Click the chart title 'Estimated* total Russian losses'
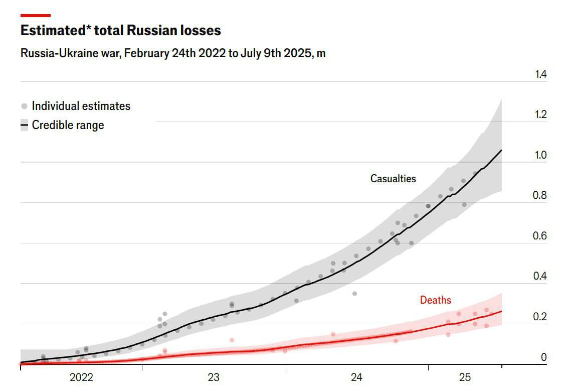(x=120, y=31)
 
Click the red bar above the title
(x=35, y=16)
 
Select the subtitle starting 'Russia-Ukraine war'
(x=173, y=53)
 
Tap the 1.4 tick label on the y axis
(x=540, y=74)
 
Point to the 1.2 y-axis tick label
(x=540, y=114)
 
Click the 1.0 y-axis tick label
(x=540, y=155)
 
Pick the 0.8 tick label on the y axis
(x=540, y=196)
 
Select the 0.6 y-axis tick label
(x=540, y=236)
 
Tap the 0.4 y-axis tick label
(x=540, y=277)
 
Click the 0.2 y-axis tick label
(x=540, y=317)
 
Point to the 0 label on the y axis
(x=544, y=357)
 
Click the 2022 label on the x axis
(x=82, y=377)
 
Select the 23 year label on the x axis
(x=214, y=377)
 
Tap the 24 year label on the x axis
(x=356, y=377)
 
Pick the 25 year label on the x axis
(x=465, y=377)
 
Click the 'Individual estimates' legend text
(x=81, y=106)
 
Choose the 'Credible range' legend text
(x=68, y=125)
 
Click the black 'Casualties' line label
(x=393, y=178)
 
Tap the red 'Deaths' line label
(x=435, y=300)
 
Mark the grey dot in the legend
(x=24, y=106)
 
